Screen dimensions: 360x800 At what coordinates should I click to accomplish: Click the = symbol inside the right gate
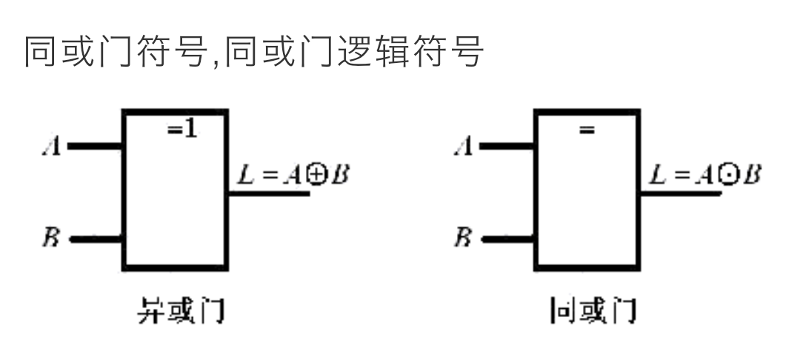(x=587, y=130)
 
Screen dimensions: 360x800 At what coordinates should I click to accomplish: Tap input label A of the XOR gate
(x=52, y=147)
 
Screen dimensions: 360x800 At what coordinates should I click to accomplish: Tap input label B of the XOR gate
(x=51, y=239)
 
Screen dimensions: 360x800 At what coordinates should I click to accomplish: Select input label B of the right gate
(x=463, y=239)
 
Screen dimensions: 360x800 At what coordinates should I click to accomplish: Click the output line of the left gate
(x=268, y=193)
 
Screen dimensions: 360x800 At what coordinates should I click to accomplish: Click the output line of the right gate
(x=680, y=193)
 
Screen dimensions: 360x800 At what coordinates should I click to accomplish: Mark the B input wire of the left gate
(x=96, y=239)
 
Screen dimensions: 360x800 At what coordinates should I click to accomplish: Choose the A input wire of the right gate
(x=508, y=146)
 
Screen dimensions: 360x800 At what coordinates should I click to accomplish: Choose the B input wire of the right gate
(x=508, y=239)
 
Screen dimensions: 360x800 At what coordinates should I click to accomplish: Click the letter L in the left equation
(x=243, y=176)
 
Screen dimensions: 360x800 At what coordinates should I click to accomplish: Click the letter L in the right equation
(x=656, y=176)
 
